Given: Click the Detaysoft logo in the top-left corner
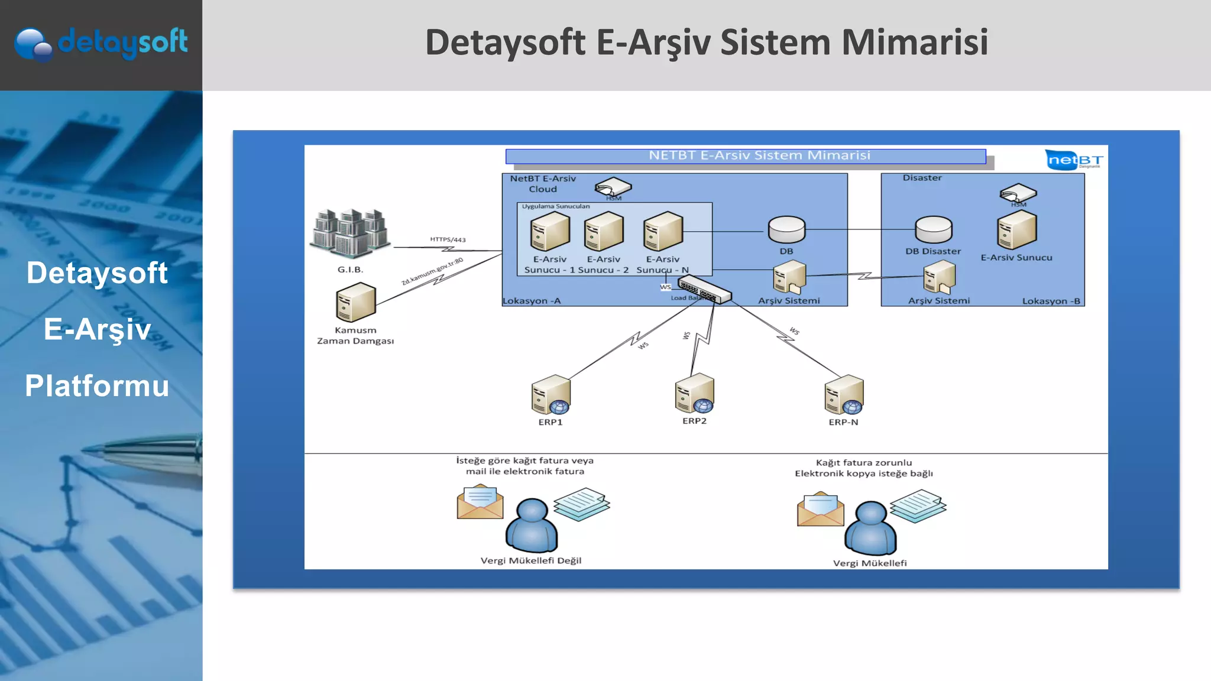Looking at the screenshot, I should tap(101, 43).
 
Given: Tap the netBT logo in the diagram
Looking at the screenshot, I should tap(1074, 160).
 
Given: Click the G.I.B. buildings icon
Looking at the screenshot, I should tap(350, 234).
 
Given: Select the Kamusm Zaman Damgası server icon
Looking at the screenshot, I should tap(355, 302).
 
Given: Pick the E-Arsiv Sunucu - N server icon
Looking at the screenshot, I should tap(663, 231).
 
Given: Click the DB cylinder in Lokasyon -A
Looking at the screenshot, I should tap(786, 229).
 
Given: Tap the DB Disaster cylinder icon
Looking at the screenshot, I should tap(933, 229).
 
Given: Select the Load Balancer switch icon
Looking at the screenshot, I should tap(704, 289).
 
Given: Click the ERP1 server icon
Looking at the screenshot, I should tap(551, 395).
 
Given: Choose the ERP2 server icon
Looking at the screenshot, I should tap(694, 393).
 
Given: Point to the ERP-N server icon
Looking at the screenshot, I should tap(844, 395).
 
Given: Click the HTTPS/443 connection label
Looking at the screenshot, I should tap(448, 239).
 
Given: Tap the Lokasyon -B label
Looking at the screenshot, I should tap(1051, 301).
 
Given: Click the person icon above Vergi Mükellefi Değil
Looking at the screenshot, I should tap(531, 526).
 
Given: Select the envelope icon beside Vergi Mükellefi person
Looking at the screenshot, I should tap(820, 509).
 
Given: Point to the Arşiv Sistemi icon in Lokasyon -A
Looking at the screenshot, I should tap(789, 278).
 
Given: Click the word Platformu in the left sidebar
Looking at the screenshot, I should tap(97, 386).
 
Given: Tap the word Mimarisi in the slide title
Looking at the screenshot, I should tap(914, 43).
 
